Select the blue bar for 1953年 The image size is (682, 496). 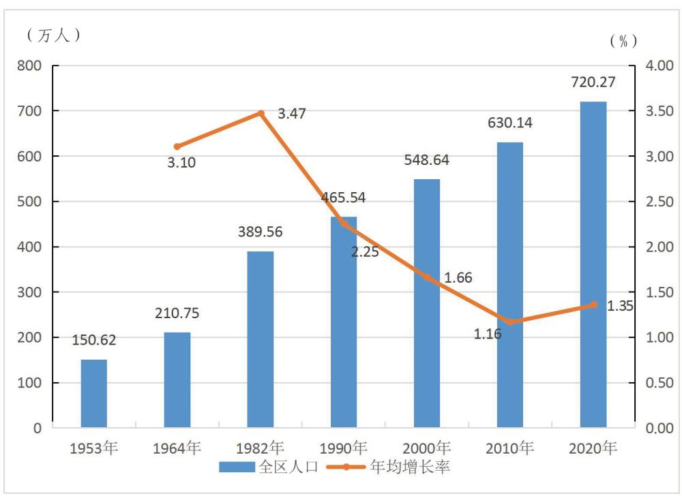coord(94,394)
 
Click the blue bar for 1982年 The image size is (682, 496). coord(261,340)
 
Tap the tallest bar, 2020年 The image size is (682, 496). coord(593,264)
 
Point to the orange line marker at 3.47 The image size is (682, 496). coord(261,114)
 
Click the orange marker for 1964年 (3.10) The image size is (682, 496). coord(177,146)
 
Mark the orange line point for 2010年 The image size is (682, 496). coord(511,322)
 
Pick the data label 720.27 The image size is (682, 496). coord(593,82)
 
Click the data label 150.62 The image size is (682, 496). coord(94,340)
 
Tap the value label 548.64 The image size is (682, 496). coord(427,160)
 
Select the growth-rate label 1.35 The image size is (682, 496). coord(620,306)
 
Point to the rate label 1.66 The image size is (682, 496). coord(458,277)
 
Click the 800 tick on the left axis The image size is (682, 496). coord(29,65)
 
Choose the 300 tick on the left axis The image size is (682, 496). coord(29,292)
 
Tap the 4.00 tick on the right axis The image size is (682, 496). coord(659,65)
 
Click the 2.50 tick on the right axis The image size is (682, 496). coord(659,202)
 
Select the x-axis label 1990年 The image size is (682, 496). coord(344,448)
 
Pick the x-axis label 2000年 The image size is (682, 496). coord(427,448)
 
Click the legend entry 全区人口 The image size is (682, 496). coord(269,467)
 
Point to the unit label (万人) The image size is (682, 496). coord(54,35)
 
